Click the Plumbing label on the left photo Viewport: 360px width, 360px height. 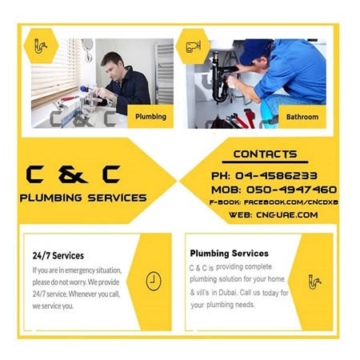click(x=150, y=117)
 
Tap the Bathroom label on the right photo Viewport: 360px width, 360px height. click(x=302, y=117)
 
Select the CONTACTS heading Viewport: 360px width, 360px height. click(x=265, y=154)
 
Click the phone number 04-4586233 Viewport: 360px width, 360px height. click(x=277, y=175)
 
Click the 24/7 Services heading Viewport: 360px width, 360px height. click(x=58, y=256)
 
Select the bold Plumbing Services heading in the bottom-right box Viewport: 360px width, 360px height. click(x=229, y=253)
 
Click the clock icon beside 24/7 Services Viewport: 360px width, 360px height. click(x=153, y=281)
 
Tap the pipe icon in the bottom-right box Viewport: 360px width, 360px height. click(x=314, y=281)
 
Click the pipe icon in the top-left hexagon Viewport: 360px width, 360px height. click(x=40, y=46)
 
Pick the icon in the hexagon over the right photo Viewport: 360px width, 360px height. click(x=193, y=46)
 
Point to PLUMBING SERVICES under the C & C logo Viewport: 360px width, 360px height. click(x=83, y=198)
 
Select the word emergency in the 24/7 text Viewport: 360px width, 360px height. click(x=91, y=270)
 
